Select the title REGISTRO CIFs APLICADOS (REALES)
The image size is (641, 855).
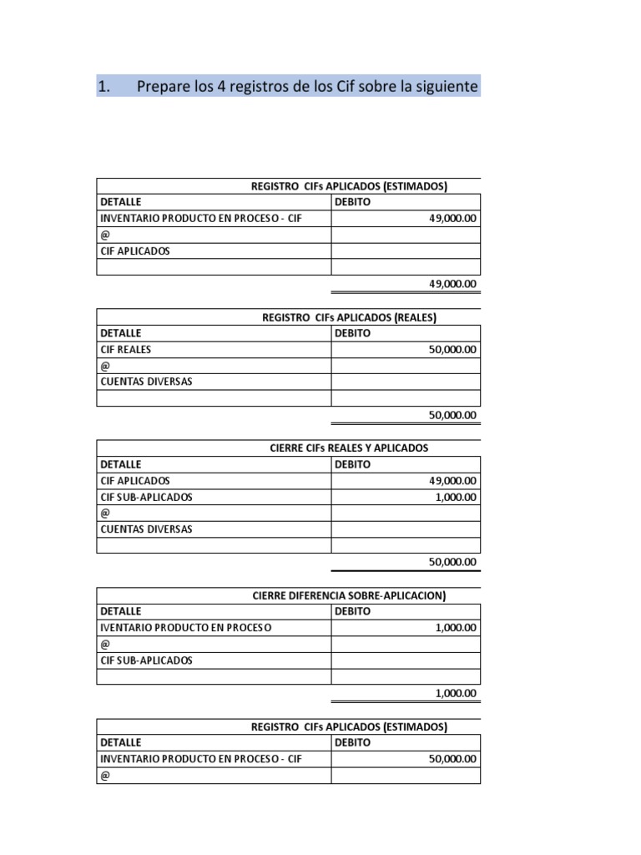pos(349,316)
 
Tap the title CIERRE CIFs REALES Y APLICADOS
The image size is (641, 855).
pos(349,448)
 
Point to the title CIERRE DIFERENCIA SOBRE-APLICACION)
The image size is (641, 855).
pos(349,595)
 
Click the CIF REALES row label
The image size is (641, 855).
pos(126,350)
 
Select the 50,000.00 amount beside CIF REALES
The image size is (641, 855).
pos(452,350)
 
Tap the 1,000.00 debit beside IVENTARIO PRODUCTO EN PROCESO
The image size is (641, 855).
pos(456,628)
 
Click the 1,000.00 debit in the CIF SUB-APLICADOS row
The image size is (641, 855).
pos(456,497)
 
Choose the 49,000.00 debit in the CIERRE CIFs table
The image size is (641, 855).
pos(452,481)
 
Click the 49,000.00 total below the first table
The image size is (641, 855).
pos(452,284)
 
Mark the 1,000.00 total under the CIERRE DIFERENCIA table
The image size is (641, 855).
pos(456,693)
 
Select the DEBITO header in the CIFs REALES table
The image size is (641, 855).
pos(352,333)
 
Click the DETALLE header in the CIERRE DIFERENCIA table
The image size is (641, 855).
pos(121,611)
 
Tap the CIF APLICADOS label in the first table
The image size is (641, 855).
pos(135,250)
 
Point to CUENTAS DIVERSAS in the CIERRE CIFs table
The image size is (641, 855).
pos(146,529)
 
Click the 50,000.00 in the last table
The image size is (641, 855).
pos(452,759)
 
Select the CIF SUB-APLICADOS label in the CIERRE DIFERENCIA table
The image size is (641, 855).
pos(146,660)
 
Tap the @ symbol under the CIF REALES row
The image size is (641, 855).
pos(105,366)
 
